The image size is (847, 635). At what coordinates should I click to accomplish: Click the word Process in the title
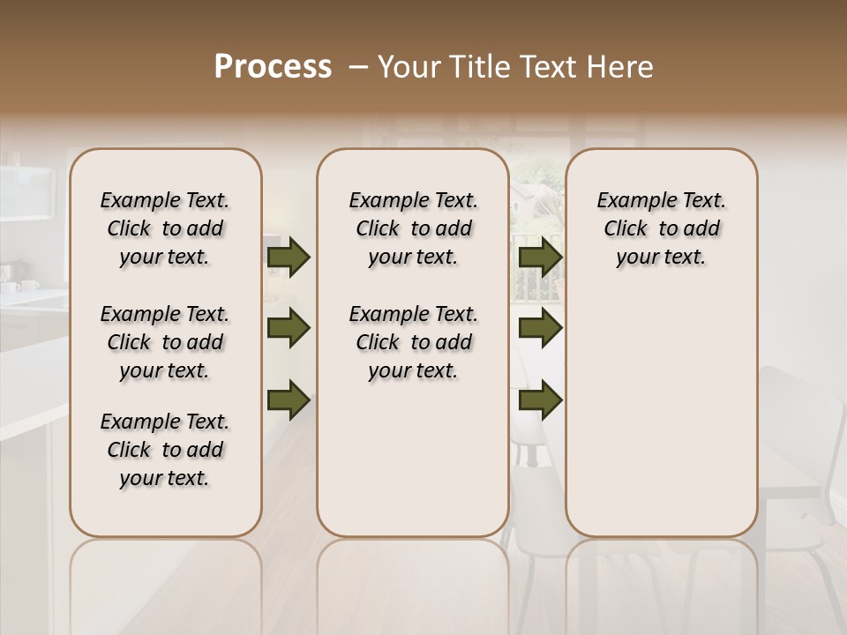pyautogui.click(x=273, y=66)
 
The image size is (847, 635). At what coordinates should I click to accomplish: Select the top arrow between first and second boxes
pyautogui.click(x=289, y=258)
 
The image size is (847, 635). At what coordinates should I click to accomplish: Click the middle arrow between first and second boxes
pyautogui.click(x=289, y=328)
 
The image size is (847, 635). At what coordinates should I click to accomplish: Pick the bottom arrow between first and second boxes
pyautogui.click(x=289, y=400)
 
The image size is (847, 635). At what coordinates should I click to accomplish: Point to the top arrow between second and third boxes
pyautogui.click(x=540, y=258)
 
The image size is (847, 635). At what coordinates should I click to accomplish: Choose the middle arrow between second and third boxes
pyautogui.click(x=540, y=328)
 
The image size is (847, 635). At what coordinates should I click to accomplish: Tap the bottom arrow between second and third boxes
pyautogui.click(x=540, y=400)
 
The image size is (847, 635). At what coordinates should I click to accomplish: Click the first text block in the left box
pyautogui.click(x=165, y=228)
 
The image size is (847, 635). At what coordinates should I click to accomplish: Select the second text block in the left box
pyautogui.click(x=165, y=342)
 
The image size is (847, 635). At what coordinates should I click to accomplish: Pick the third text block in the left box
pyautogui.click(x=165, y=450)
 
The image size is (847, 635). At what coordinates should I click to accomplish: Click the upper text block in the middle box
pyautogui.click(x=413, y=228)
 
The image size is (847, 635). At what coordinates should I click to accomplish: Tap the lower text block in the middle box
pyautogui.click(x=413, y=342)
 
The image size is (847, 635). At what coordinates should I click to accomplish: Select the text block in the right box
pyautogui.click(x=661, y=228)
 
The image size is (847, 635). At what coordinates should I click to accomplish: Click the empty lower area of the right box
pyautogui.click(x=661, y=415)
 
